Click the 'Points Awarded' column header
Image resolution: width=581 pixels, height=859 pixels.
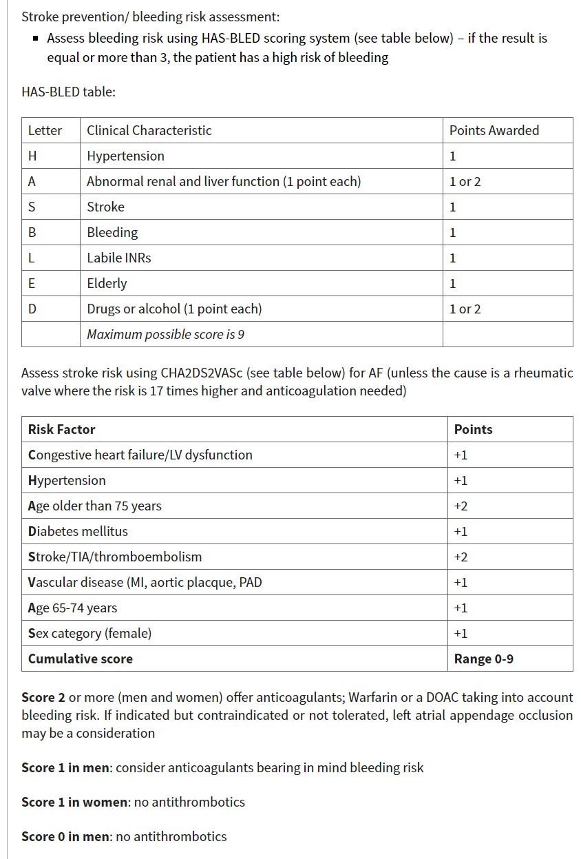pyautogui.click(x=494, y=130)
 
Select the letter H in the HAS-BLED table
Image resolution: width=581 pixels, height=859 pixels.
pyautogui.click(x=32, y=156)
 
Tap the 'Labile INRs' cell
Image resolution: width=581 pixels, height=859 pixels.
pyautogui.click(x=118, y=258)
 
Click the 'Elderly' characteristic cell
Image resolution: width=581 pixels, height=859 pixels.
pyautogui.click(x=107, y=283)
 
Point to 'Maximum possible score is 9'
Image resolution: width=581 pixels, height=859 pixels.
pyautogui.click(x=165, y=334)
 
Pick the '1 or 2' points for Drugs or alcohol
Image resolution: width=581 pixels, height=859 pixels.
pyautogui.click(x=465, y=309)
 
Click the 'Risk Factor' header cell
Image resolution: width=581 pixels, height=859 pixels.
pyautogui.click(x=61, y=429)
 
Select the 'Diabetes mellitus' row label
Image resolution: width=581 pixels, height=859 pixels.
pyautogui.click(x=78, y=531)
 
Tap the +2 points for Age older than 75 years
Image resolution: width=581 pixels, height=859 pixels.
pyautogui.click(x=461, y=506)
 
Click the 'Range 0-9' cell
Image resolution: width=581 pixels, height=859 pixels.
pyautogui.click(x=483, y=659)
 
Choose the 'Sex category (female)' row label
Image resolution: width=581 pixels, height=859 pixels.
pyautogui.click(x=89, y=633)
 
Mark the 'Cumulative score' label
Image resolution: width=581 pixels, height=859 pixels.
pyautogui.click(x=80, y=659)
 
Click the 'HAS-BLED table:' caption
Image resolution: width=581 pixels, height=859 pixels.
pyautogui.click(x=68, y=92)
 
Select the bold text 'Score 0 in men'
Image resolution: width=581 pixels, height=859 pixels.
pyautogui.click(x=65, y=836)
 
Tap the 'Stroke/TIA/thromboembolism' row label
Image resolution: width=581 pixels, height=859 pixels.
pyautogui.click(x=115, y=557)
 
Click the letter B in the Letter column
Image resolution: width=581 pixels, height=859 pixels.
pyautogui.click(x=32, y=232)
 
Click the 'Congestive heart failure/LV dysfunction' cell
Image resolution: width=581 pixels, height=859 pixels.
pyautogui.click(x=140, y=455)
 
